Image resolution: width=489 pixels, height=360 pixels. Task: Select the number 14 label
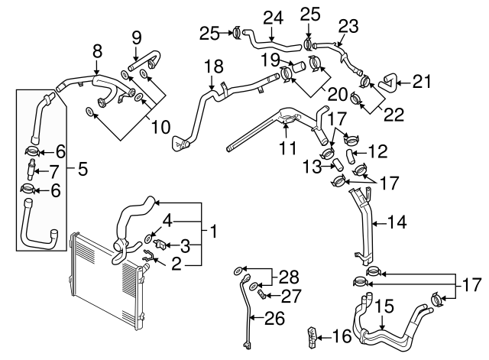pos(397,223)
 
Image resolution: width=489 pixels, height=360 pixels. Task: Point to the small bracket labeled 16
pos(312,335)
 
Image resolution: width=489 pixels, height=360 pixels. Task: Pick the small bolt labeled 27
pos(261,293)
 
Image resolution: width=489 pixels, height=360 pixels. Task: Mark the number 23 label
pos(348,25)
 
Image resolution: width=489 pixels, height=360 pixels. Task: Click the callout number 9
pos(137,36)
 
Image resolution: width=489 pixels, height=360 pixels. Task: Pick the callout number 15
pos(384,306)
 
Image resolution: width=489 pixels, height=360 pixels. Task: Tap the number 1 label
pos(215,230)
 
